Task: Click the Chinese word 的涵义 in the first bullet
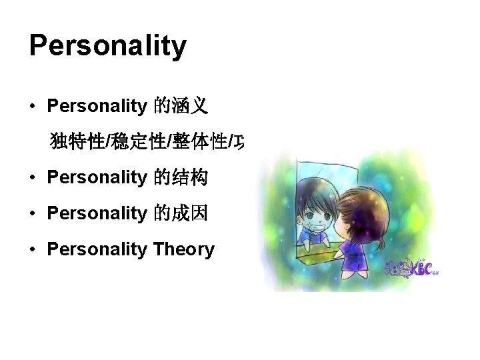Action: (x=181, y=105)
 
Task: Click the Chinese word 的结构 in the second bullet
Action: (x=181, y=177)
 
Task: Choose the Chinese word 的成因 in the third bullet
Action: (x=181, y=213)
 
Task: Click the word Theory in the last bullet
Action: (x=183, y=249)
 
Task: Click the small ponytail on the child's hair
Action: (x=382, y=241)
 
